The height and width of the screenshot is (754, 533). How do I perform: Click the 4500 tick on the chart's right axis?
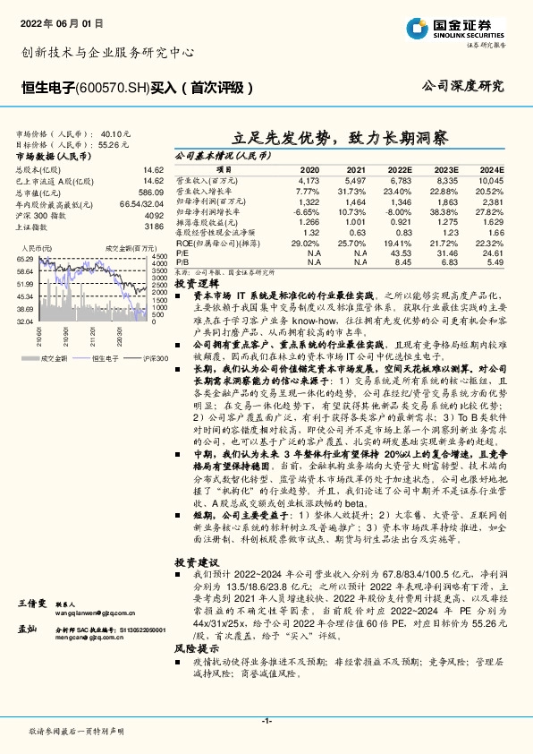pos(159,258)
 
